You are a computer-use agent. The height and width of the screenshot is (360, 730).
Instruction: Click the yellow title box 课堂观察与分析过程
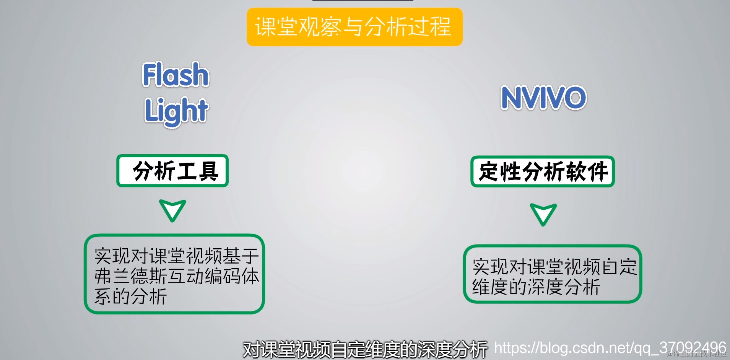point(354,27)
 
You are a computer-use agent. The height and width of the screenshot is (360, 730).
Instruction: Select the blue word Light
point(176,111)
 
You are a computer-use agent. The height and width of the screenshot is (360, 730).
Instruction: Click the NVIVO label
point(543,98)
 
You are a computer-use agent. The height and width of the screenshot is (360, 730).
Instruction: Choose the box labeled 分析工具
point(172,171)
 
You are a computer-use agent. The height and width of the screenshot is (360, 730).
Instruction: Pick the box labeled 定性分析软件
point(543,171)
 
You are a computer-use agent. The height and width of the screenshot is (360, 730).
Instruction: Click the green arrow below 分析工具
point(172,210)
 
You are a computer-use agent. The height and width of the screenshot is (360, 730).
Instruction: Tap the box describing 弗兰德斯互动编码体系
point(174,274)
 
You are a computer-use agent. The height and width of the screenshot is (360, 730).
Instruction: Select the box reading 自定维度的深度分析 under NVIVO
point(552,274)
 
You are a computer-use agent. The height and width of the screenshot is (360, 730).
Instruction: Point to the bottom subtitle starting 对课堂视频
point(365,349)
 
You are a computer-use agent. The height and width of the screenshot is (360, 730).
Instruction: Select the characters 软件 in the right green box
point(587,171)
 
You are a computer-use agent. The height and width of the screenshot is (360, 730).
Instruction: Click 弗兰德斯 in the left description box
point(130,276)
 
